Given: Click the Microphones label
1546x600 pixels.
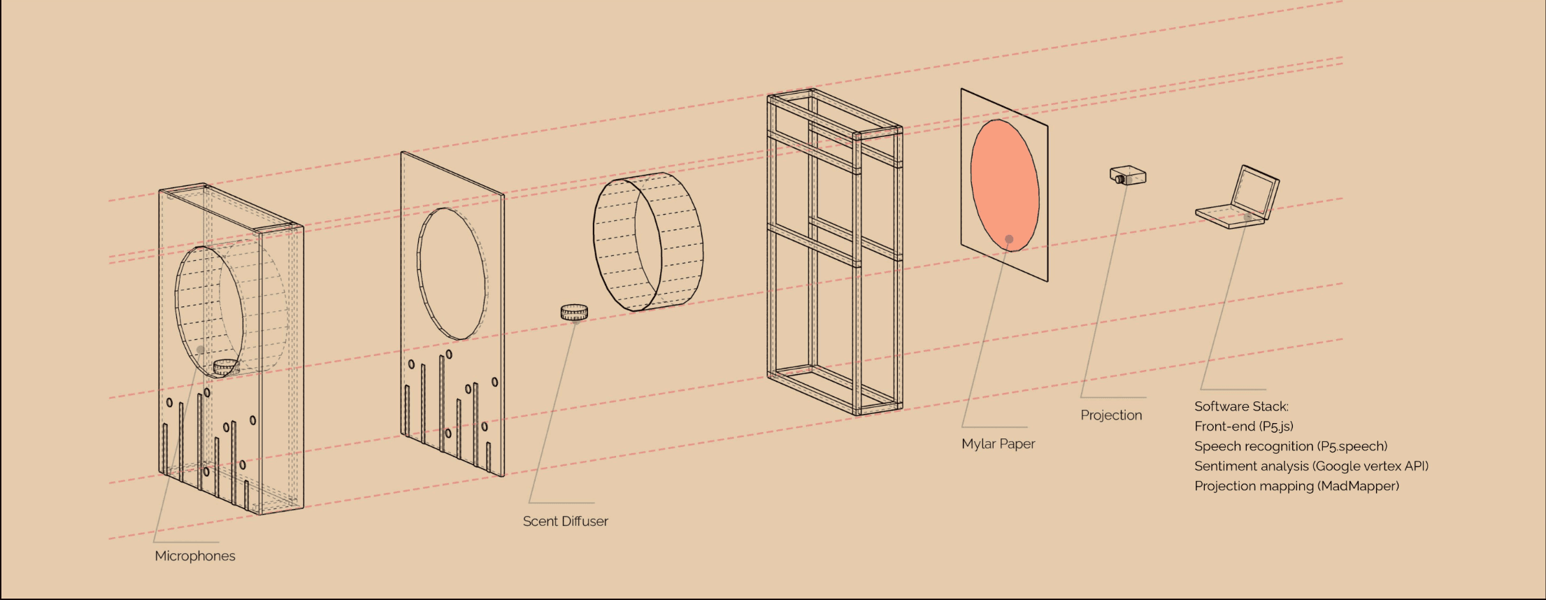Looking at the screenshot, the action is [195, 556].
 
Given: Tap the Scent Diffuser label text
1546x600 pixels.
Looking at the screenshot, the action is [565, 521].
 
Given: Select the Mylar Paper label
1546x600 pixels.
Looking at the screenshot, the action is [998, 443].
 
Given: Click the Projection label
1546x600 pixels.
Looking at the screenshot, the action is [1111, 415].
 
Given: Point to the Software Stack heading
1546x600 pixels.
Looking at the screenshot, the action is [1241, 406].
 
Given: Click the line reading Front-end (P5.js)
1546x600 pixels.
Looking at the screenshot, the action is [1244, 426].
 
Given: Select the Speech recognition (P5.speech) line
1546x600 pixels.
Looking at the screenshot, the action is [1291, 446].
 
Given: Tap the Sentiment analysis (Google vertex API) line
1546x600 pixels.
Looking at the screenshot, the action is [1311, 466].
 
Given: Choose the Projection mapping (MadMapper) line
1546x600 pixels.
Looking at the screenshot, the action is [1296, 486].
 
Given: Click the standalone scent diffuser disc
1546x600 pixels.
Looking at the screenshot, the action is [574, 312].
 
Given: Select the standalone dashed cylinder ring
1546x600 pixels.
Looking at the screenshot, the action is [647, 241].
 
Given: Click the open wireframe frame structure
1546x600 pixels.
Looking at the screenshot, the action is [834, 252].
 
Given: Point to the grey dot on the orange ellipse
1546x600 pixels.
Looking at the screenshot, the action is [1009, 239].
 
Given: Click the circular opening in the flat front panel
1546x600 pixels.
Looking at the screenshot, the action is [452, 273].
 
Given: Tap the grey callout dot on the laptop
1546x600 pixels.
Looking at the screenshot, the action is [1248, 217].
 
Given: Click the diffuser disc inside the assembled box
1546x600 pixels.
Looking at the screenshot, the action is [225, 366].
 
